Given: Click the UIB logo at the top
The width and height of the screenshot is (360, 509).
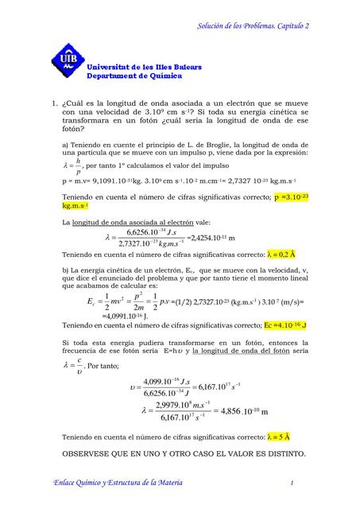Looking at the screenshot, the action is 67,68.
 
